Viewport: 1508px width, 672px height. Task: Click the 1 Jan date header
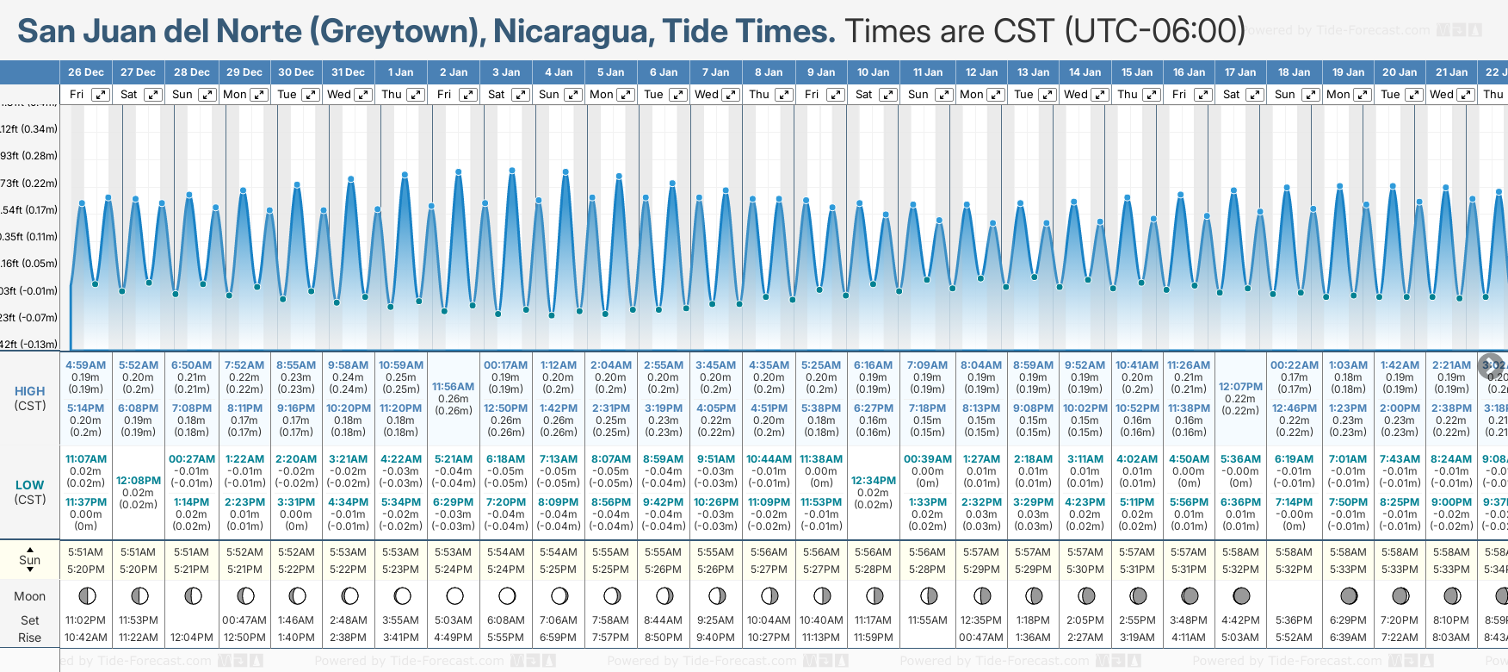point(400,72)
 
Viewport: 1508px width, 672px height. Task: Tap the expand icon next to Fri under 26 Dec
point(101,95)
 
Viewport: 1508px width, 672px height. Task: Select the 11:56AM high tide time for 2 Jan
point(453,387)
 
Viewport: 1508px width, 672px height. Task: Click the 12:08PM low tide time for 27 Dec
point(139,481)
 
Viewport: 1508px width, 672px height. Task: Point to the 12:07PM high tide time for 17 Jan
point(1240,387)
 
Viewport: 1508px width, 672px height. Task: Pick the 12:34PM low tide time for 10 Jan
point(873,481)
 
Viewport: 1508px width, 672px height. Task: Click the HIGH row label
point(29,391)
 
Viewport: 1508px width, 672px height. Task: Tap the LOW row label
point(29,485)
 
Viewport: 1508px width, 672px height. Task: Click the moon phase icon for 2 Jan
point(454,595)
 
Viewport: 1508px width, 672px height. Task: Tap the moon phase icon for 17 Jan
point(1241,595)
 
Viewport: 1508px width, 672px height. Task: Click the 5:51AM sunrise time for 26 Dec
point(85,552)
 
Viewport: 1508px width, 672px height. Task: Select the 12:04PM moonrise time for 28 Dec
point(191,638)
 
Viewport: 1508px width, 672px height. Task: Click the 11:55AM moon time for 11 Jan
point(927,620)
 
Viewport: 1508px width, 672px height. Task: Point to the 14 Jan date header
point(1085,72)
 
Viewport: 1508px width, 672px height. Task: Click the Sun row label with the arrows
point(29,560)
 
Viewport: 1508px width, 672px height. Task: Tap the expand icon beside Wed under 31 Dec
point(363,95)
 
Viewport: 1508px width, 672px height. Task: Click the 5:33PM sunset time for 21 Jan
point(1451,569)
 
